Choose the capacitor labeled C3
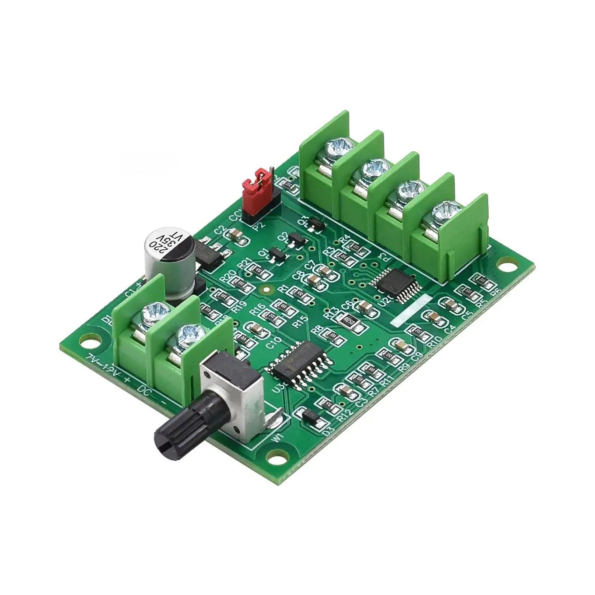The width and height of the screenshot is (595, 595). tap(346, 389)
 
